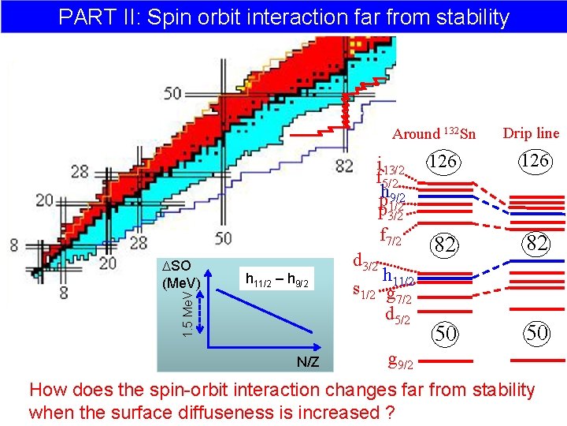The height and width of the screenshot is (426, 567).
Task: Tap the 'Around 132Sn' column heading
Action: (434, 134)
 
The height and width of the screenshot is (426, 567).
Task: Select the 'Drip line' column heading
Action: (531, 133)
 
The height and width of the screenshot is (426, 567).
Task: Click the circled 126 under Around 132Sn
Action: (444, 161)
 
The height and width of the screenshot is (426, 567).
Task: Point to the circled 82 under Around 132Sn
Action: (444, 245)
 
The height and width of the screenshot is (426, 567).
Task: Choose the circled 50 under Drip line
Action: (537, 333)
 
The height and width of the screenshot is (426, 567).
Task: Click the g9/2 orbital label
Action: (402, 362)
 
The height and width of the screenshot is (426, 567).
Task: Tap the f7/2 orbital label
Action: (391, 234)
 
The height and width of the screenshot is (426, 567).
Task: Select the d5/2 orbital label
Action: (398, 316)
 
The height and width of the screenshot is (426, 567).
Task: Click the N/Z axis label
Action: (308, 361)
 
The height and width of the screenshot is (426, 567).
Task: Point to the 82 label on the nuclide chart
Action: (344, 165)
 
